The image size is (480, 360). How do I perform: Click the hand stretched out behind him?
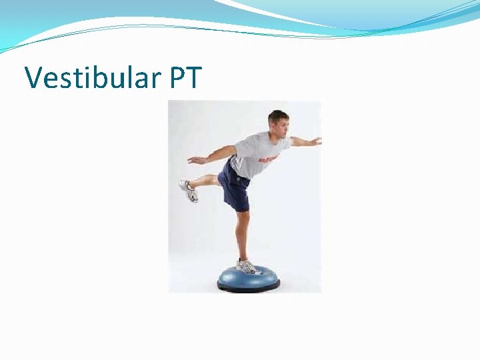[195, 160]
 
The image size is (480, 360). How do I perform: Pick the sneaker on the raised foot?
[189, 191]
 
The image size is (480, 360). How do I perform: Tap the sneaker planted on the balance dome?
[247, 266]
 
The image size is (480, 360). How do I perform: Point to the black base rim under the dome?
[248, 287]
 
